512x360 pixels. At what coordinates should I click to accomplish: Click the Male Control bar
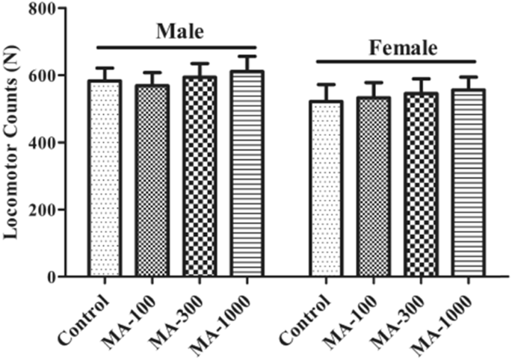pos(104,179)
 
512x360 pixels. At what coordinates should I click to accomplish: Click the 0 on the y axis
pos(55,277)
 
